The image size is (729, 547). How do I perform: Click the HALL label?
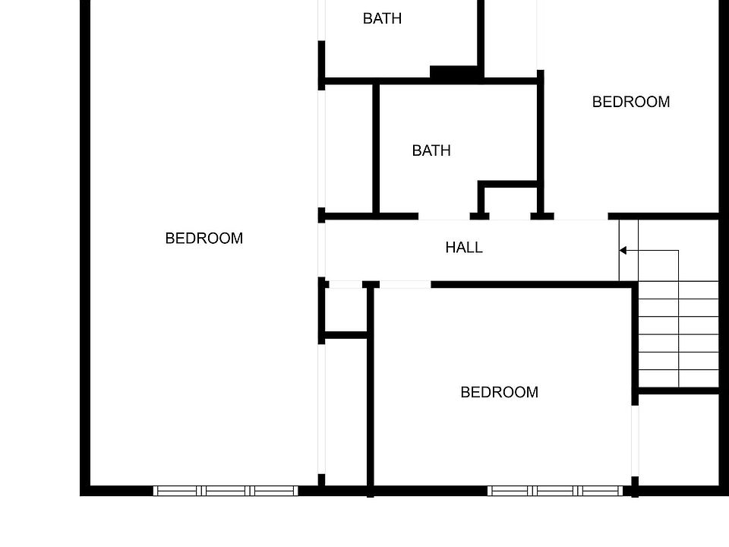point(463,248)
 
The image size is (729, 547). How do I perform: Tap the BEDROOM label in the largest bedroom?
point(204,239)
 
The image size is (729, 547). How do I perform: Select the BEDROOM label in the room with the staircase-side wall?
point(499,393)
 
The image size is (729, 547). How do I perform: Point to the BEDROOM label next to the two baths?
point(630,102)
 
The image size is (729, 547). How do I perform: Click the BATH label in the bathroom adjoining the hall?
point(431,151)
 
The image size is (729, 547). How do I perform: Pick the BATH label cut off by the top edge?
point(382,19)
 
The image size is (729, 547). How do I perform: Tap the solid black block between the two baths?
point(455,73)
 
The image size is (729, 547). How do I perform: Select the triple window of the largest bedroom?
point(226,491)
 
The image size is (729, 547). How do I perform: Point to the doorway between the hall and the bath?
point(443,217)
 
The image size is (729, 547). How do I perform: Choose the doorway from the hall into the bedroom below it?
point(405,285)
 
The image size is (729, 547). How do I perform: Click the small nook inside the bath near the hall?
point(510,201)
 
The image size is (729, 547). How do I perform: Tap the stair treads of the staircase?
point(678,334)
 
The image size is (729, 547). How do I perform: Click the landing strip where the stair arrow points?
point(629,250)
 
